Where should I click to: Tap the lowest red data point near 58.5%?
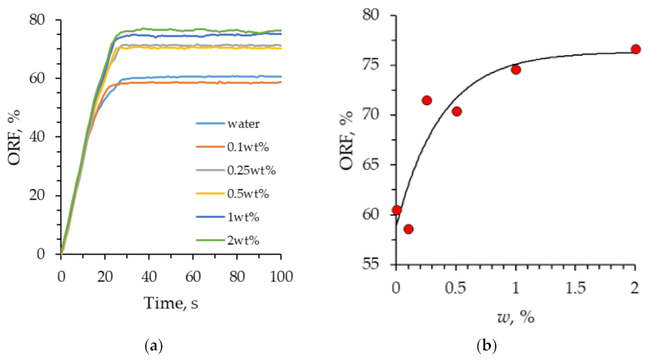coord(409,229)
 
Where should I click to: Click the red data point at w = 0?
coord(397,210)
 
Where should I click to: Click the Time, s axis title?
coord(172,303)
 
